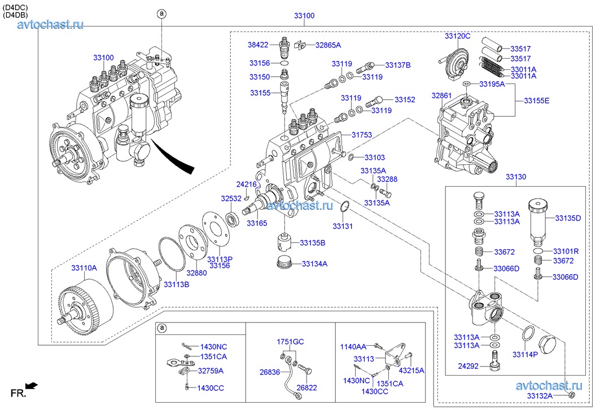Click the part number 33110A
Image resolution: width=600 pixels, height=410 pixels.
[x=84, y=268]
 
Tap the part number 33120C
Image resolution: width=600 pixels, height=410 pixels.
[x=457, y=36]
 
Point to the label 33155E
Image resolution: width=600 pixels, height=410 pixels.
[x=536, y=100]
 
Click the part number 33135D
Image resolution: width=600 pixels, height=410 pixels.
[x=567, y=218]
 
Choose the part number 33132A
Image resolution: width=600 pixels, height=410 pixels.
[x=540, y=396]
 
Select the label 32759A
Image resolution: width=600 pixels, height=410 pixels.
[x=211, y=371]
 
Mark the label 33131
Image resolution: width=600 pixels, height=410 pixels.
[x=342, y=226]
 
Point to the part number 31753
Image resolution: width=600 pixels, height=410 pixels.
[x=362, y=135]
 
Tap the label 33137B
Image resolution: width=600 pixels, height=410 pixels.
[x=398, y=65]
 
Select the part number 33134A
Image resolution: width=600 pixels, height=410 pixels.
[x=314, y=263]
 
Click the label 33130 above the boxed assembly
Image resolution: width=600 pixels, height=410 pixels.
[x=515, y=177]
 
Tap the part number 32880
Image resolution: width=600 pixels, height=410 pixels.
[x=197, y=272]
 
